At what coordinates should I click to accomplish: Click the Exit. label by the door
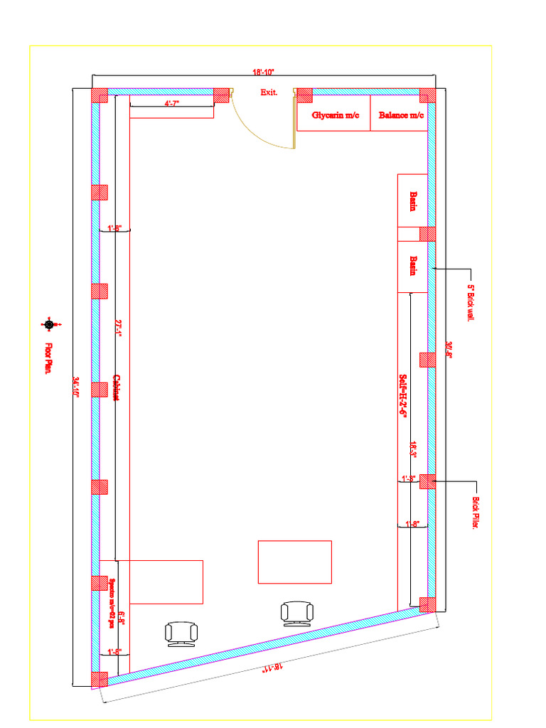tap(269, 92)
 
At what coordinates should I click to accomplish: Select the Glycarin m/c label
tap(335, 115)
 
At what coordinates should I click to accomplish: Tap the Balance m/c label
tap(401, 115)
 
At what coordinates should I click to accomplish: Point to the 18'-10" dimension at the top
tap(263, 73)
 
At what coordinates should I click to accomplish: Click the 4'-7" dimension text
tap(172, 104)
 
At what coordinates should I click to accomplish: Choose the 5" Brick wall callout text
tap(470, 303)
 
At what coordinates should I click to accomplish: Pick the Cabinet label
tap(116, 387)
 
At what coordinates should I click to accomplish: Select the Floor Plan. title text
tap(49, 359)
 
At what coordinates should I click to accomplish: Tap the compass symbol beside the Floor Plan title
tap(49, 325)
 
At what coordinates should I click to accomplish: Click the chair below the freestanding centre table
tap(296, 613)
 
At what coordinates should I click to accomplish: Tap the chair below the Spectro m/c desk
tap(181, 633)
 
